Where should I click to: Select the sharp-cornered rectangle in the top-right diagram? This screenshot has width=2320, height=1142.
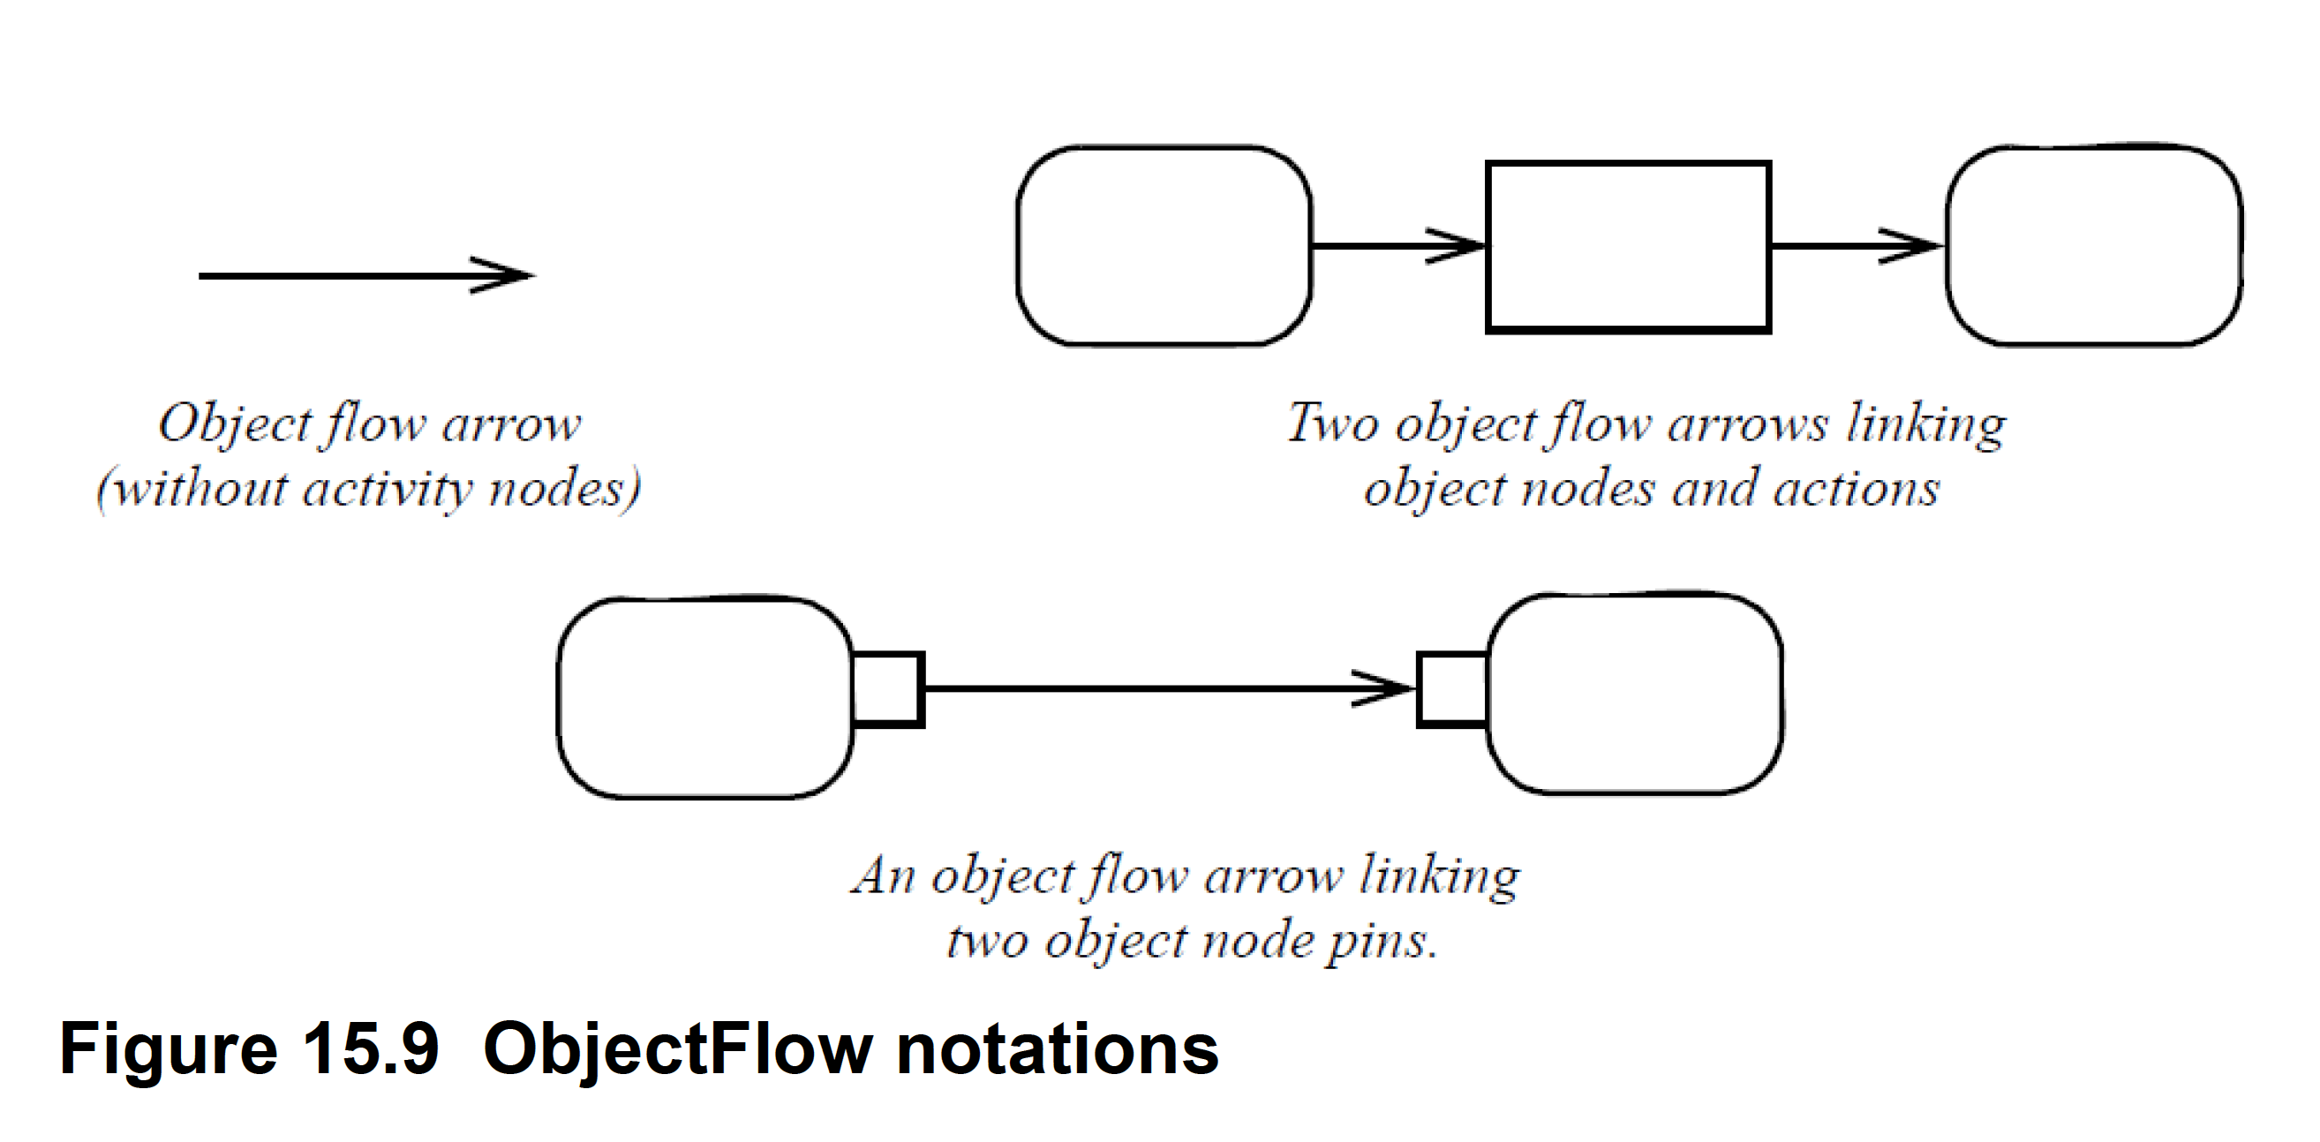point(1628,247)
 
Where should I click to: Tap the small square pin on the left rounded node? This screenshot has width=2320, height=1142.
point(887,689)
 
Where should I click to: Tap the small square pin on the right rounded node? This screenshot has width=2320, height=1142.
point(1452,689)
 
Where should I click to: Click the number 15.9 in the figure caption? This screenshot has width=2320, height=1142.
point(370,1048)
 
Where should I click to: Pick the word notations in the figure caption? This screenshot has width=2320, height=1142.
point(1058,1048)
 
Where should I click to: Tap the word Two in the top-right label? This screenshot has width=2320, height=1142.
point(1332,423)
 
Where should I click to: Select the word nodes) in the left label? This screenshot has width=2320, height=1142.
point(564,489)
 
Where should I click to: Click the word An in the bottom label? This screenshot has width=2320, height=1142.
point(885,875)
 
